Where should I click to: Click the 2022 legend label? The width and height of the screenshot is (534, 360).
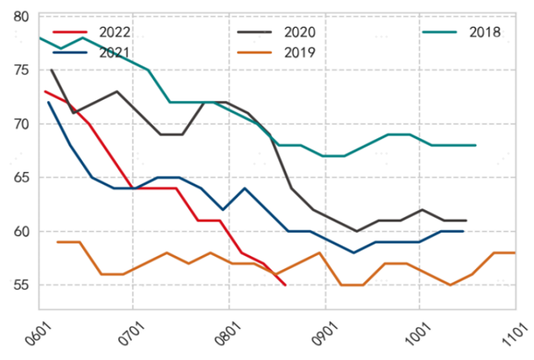[x=115, y=32]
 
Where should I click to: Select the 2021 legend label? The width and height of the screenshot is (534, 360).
[x=115, y=53]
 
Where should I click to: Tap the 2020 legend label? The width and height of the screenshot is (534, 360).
[x=299, y=32]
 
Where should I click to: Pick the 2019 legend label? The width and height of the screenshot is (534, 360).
[x=299, y=53]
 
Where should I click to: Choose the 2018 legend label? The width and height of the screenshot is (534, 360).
[x=485, y=32]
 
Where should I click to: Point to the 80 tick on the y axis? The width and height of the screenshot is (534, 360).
[x=21, y=16]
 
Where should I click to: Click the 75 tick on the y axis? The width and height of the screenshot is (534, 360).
[x=21, y=70]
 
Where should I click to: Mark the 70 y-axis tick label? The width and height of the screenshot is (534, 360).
[x=21, y=124]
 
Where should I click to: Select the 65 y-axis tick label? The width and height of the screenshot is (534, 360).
[x=21, y=178]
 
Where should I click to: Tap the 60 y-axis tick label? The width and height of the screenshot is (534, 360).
[x=21, y=232]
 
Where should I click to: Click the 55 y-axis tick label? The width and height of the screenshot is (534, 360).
[x=21, y=285]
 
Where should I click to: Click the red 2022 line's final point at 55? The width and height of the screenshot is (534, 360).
[x=285, y=285]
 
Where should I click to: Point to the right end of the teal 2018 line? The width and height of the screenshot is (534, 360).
[x=476, y=145]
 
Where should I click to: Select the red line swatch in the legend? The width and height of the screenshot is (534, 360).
[x=69, y=32]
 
